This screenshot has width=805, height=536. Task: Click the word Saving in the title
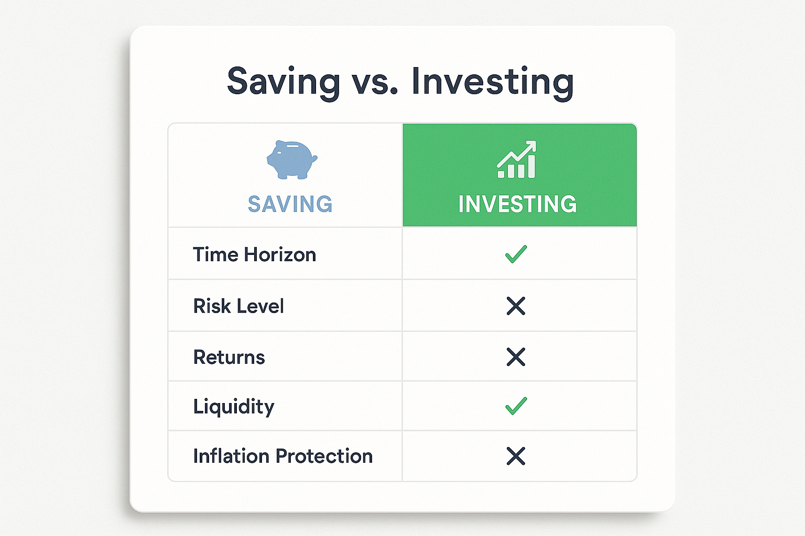tap(284, 82)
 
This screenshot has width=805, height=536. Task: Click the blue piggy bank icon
tap(292, 160)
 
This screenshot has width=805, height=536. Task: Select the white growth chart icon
tap(516, 160)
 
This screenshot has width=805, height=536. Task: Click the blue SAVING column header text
tap(290, 204)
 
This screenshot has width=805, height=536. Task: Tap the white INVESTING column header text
tap(517, 204)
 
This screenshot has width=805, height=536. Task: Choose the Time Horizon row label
tap(254, 254)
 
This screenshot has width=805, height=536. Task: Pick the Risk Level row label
tap(238, 306)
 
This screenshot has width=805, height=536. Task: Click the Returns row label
tap(229, 357)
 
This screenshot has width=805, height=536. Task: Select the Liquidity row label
tap(234, 407)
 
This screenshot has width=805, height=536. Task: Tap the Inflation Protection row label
tap(283, 456)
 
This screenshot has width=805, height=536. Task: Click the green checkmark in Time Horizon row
tap(516, 254)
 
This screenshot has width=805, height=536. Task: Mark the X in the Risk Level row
tap(516, 306)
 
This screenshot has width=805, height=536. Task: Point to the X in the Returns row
tap(516, 357)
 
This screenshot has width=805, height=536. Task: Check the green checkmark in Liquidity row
tap(516, 406)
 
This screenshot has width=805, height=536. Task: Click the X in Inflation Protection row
tap(516, 456)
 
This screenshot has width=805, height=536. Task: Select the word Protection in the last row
tap(324, 456)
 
